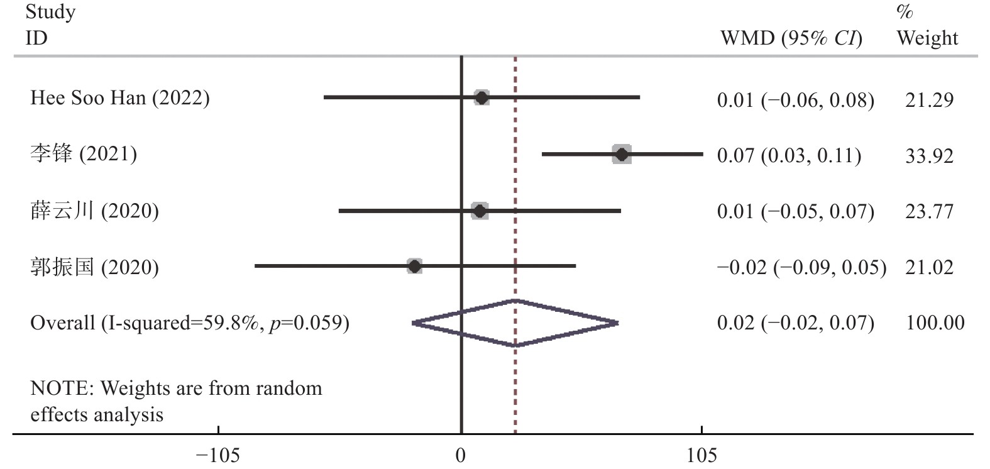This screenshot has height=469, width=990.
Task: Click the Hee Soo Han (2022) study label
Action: [119, 98]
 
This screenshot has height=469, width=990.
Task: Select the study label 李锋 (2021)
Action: [84, 154]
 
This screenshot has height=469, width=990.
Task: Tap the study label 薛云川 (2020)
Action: [94, 211]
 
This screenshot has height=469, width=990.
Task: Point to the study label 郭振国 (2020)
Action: [94, 267]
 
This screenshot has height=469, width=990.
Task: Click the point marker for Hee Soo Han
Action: [481, 97]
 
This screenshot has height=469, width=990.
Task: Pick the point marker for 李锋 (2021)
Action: [622, 154]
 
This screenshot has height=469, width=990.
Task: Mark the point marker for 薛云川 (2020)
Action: [480, 211]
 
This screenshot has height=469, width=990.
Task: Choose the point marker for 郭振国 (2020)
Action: [414, 266]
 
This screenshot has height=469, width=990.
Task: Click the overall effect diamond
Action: [515, 323]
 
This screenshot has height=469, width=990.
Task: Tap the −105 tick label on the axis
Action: [218, 455]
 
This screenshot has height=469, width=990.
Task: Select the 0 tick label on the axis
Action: [461, 455]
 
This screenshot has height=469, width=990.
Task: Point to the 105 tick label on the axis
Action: [701, 455]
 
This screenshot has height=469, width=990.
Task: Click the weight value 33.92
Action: [929, 155]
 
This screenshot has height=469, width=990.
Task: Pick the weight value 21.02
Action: [929, 267]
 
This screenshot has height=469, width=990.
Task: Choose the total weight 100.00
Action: [935, 323]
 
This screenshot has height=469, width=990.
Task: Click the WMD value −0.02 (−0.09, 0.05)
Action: [801, 267]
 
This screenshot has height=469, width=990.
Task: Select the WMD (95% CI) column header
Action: [791, 38]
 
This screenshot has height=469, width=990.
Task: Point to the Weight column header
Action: [927, 38]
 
